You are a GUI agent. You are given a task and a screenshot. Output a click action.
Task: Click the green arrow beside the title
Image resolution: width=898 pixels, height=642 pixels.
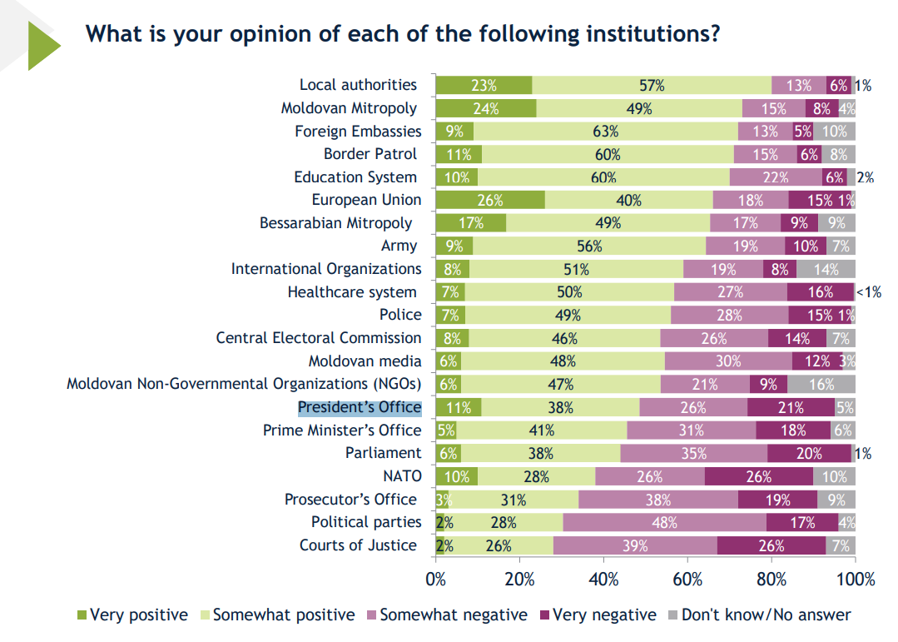click(42, 45)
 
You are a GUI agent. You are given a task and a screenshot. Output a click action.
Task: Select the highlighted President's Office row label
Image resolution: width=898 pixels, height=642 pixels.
click(360, 407)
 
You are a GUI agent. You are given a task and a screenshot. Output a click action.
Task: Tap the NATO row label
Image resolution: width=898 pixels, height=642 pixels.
click(403, 476)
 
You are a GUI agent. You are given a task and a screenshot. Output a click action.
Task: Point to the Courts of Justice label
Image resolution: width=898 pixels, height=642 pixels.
click(358, 545)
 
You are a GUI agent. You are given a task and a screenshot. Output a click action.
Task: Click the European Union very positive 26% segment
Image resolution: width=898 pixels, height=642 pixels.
click(490, 200)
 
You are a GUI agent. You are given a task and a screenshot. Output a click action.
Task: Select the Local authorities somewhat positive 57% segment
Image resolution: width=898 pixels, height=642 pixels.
click(652, 85)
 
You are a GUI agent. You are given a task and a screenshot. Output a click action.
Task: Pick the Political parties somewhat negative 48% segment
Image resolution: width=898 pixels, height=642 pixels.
click(664, 522)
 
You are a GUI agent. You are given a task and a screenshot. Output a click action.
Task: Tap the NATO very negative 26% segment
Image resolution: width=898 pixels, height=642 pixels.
click(758, 476)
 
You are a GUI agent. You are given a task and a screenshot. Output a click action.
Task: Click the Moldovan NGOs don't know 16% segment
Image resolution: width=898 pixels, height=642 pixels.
click(821, 384)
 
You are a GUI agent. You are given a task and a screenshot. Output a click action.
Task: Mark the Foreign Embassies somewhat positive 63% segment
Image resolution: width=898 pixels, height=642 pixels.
click(605, 131)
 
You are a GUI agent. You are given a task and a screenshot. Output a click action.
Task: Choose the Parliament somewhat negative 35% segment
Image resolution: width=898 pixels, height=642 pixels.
click(693, 453)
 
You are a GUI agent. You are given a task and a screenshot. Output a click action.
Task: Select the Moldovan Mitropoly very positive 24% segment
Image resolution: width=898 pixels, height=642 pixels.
click(485, 107)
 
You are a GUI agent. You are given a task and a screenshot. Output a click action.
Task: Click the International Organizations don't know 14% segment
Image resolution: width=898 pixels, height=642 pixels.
click(825, 269)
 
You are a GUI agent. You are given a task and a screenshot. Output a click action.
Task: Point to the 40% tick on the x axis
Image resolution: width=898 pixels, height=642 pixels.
click(603, 580)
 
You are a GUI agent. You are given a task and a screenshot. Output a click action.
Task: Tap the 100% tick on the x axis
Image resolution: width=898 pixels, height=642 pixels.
click(855, 580)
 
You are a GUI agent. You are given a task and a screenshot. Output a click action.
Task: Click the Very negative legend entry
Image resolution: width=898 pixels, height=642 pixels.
click(598, 615)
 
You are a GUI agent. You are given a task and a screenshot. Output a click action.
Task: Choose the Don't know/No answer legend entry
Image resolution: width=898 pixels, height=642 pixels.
click(760, 615)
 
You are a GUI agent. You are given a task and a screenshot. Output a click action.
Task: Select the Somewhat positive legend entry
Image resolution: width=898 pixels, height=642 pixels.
click(277, 615)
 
